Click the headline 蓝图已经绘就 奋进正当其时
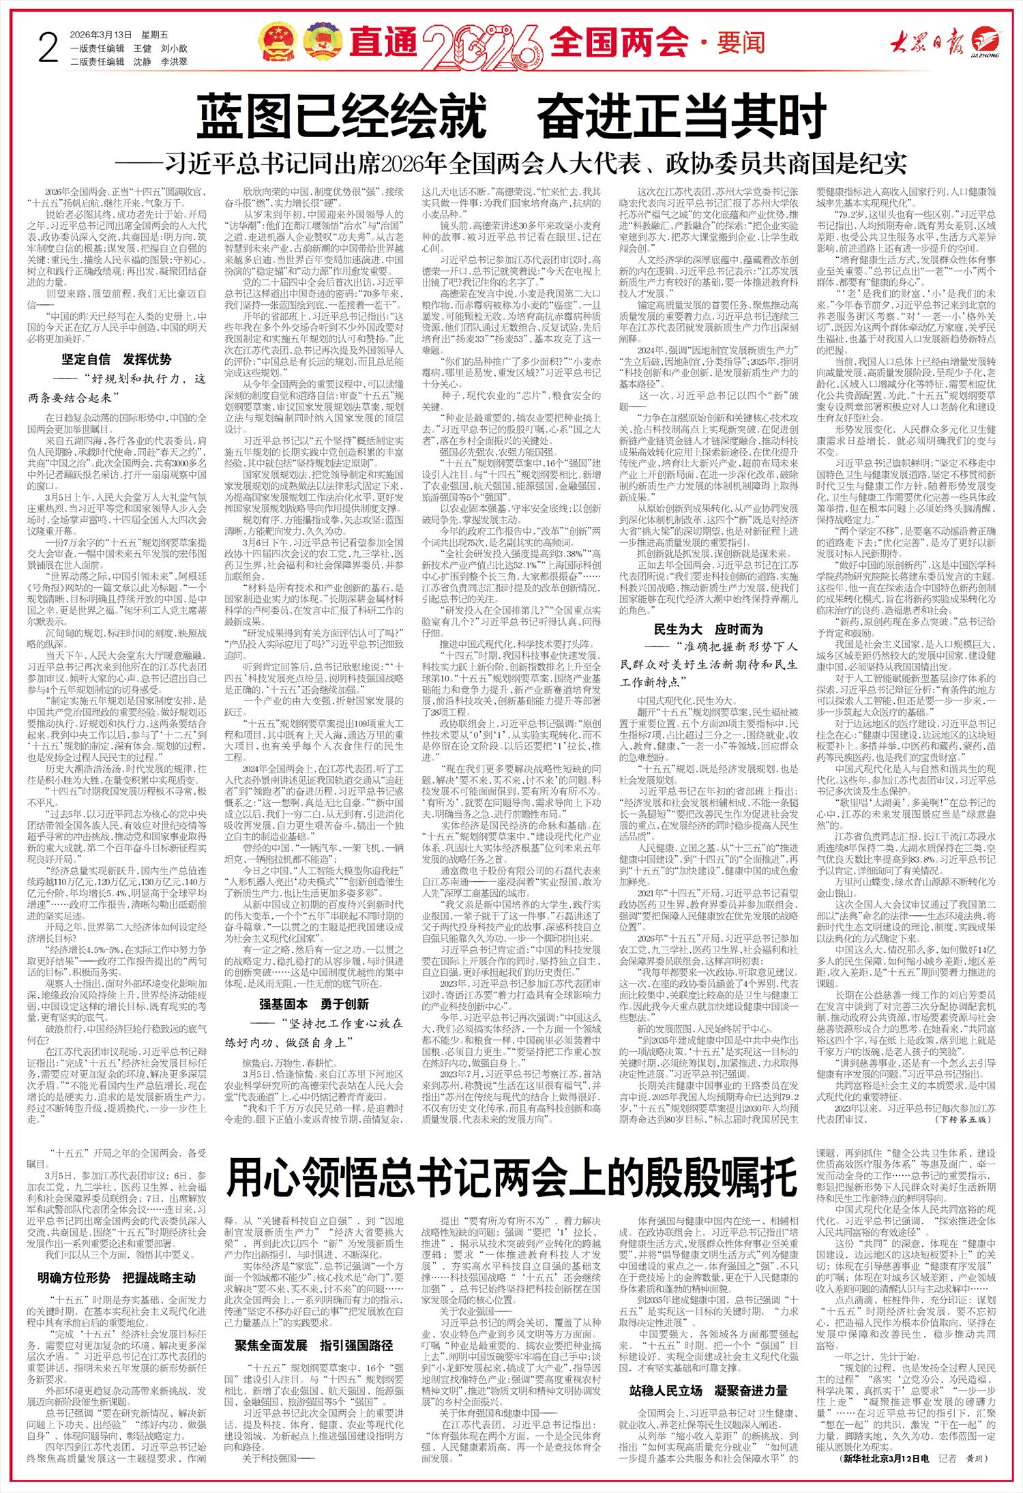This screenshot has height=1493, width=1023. click(512, 117)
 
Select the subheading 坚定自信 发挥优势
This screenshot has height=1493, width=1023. click(117, 359)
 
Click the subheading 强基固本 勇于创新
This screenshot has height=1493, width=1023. click(314, 1004)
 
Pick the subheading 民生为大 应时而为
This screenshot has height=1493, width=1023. click(708, 629)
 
